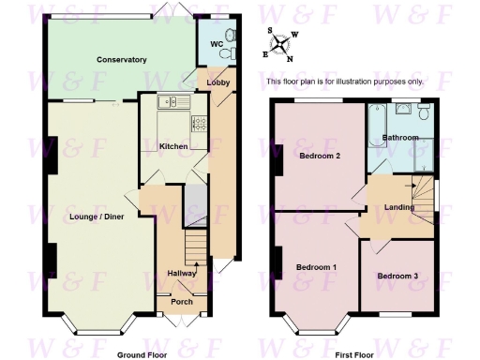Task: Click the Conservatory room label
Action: click(122, 60)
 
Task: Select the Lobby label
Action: click(217, 83)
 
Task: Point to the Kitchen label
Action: click(173, 146)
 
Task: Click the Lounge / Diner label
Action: click(97, 217)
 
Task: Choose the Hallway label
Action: click(182, 273)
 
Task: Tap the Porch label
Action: click(182, 302)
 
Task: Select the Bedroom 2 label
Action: click(319, 157)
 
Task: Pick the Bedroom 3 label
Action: click(397, 277)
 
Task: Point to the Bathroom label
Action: click(401, 138)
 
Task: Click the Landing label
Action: click(400, 208)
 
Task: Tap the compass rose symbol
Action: click(283, 42)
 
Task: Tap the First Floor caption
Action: click(353, 355)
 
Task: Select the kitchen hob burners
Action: click(198, 121)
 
